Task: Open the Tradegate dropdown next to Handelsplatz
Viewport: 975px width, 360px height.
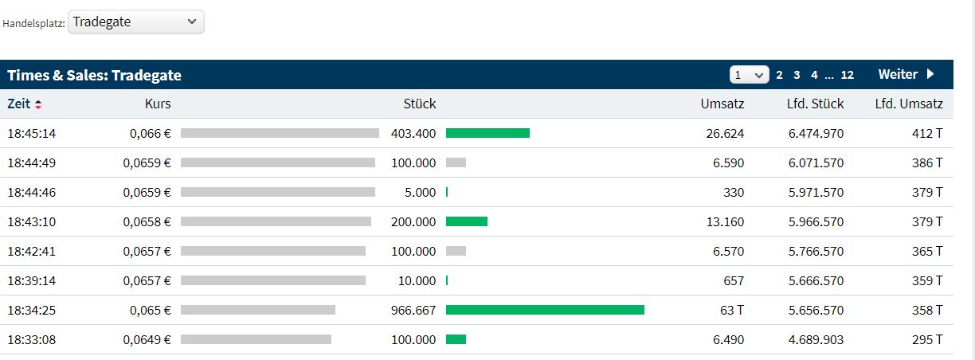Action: (x=135, y=22)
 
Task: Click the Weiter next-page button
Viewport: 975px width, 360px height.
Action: (x=906, y=75)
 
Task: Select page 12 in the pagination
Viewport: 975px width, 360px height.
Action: (x=847, y=75)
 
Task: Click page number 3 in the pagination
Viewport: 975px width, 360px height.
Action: (x=797, y=75)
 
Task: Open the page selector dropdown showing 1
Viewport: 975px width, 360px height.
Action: (x=749, y=75)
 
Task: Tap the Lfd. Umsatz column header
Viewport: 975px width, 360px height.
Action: (x=909, y=104)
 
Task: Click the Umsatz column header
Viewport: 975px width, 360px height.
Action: (x=722, y=104)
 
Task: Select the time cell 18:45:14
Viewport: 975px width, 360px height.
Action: (x=32, y=133)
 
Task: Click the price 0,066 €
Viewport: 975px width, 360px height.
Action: (x=150, y=133)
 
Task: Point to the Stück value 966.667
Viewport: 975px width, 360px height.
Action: (x=413, y=310)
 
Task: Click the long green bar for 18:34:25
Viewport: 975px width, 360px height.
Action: (x=545, y=310)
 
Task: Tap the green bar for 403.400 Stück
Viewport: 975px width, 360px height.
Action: (x=487, y=133)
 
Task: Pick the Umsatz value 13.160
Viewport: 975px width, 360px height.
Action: (x=726, y=221)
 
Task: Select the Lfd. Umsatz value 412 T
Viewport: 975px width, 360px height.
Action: (x=927, y=133)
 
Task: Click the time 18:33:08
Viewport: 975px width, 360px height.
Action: (x=32, y=339)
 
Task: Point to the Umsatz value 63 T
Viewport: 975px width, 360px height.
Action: (x=732, y=310)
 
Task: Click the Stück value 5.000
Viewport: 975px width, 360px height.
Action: (x=421, y=192)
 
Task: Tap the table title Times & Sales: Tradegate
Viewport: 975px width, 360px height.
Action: (x=95, y=75)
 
